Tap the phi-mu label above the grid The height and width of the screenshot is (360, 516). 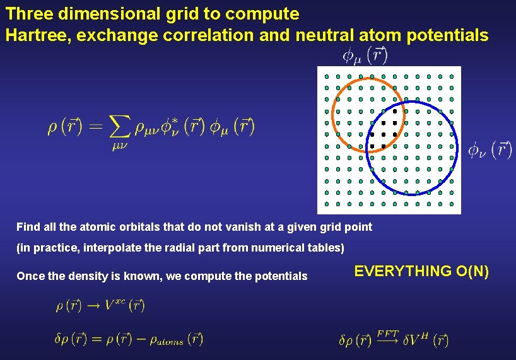(365, 55)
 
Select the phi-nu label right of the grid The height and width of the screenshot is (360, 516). (490, 149)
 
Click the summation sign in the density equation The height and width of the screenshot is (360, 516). (119, 128)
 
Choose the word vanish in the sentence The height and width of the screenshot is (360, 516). (228, 226)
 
